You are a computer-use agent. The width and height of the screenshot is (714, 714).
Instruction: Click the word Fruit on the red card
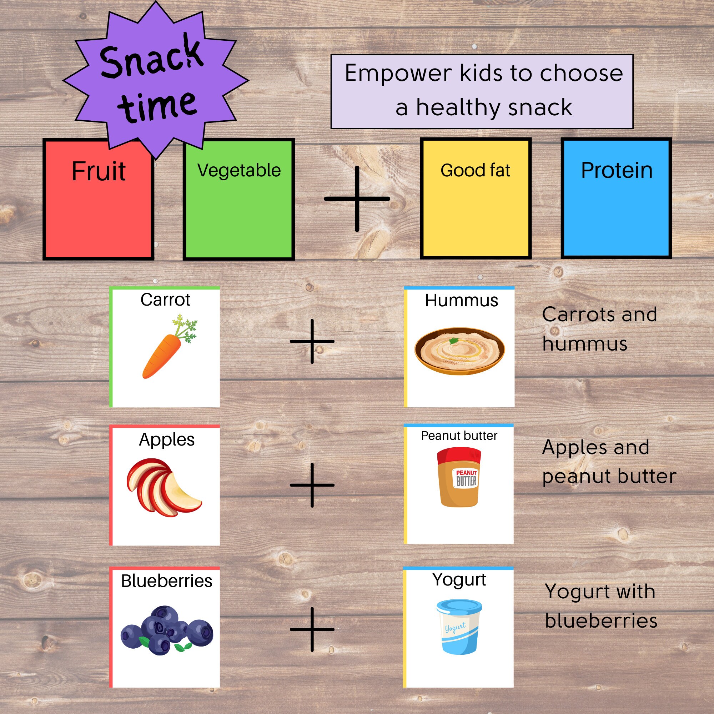[99, 171]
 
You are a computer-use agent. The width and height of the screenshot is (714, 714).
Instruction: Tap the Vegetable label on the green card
[239, 170]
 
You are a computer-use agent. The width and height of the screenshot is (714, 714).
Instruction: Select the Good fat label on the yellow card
[475, 170]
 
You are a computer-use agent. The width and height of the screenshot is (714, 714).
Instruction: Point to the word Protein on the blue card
[617, 170]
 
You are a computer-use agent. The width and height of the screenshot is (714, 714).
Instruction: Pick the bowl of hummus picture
[459, 351]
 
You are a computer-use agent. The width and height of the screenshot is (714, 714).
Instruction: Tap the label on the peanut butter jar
[466, 478]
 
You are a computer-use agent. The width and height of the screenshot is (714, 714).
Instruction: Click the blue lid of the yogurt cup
[459, 607]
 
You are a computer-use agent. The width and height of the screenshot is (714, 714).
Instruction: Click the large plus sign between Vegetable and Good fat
[357, 199]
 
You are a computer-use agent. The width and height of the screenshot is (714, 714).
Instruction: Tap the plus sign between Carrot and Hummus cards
[312, 341]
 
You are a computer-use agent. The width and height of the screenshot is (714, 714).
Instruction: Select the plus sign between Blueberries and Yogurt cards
[312, 629]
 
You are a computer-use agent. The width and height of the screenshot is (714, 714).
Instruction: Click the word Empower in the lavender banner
[398, 74]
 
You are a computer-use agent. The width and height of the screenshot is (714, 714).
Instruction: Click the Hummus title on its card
[461, 301]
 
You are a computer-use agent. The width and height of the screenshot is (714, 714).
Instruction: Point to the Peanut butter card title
[459, 436]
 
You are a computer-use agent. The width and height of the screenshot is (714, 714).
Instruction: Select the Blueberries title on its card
[167, 581]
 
